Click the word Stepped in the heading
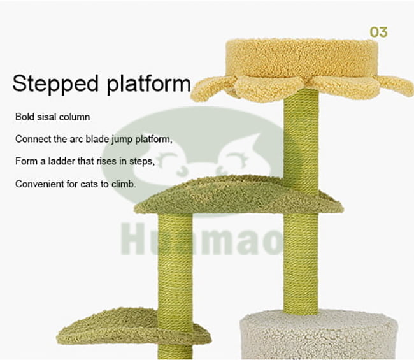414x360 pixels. coord(55,84)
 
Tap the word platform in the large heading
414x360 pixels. coord(148,84)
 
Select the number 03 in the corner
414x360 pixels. coord(378,32)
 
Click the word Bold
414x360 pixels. coord(25,117)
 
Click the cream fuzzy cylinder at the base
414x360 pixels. coord(318,335)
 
